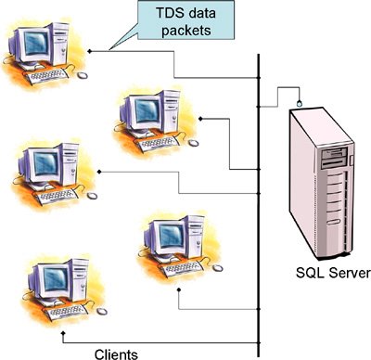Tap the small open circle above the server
[x=299, y=100]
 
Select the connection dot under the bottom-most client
[x=61, y=329]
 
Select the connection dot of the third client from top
[x=97, y=173]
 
